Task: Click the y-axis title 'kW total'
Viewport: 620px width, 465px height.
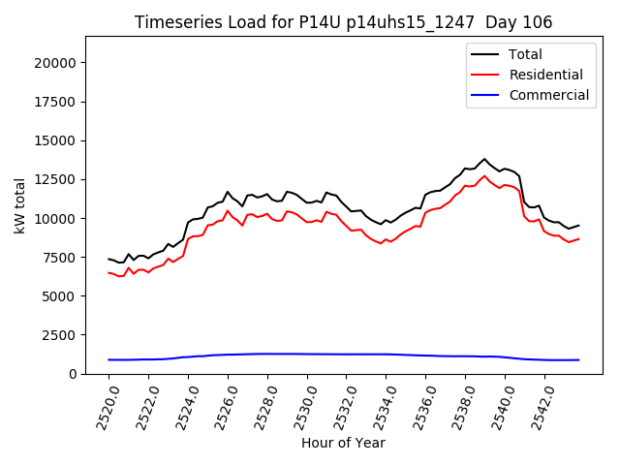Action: (x=19, y=204)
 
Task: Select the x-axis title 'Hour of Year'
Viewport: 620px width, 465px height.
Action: (x=343, y=443)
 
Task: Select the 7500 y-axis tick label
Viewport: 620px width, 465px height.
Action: (x=61, y=258)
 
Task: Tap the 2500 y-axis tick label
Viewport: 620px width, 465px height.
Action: (x=61, y=335)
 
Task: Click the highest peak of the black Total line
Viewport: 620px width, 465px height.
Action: (x=484, y=159)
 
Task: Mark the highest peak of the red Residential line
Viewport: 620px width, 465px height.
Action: (x=484, y=175)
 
